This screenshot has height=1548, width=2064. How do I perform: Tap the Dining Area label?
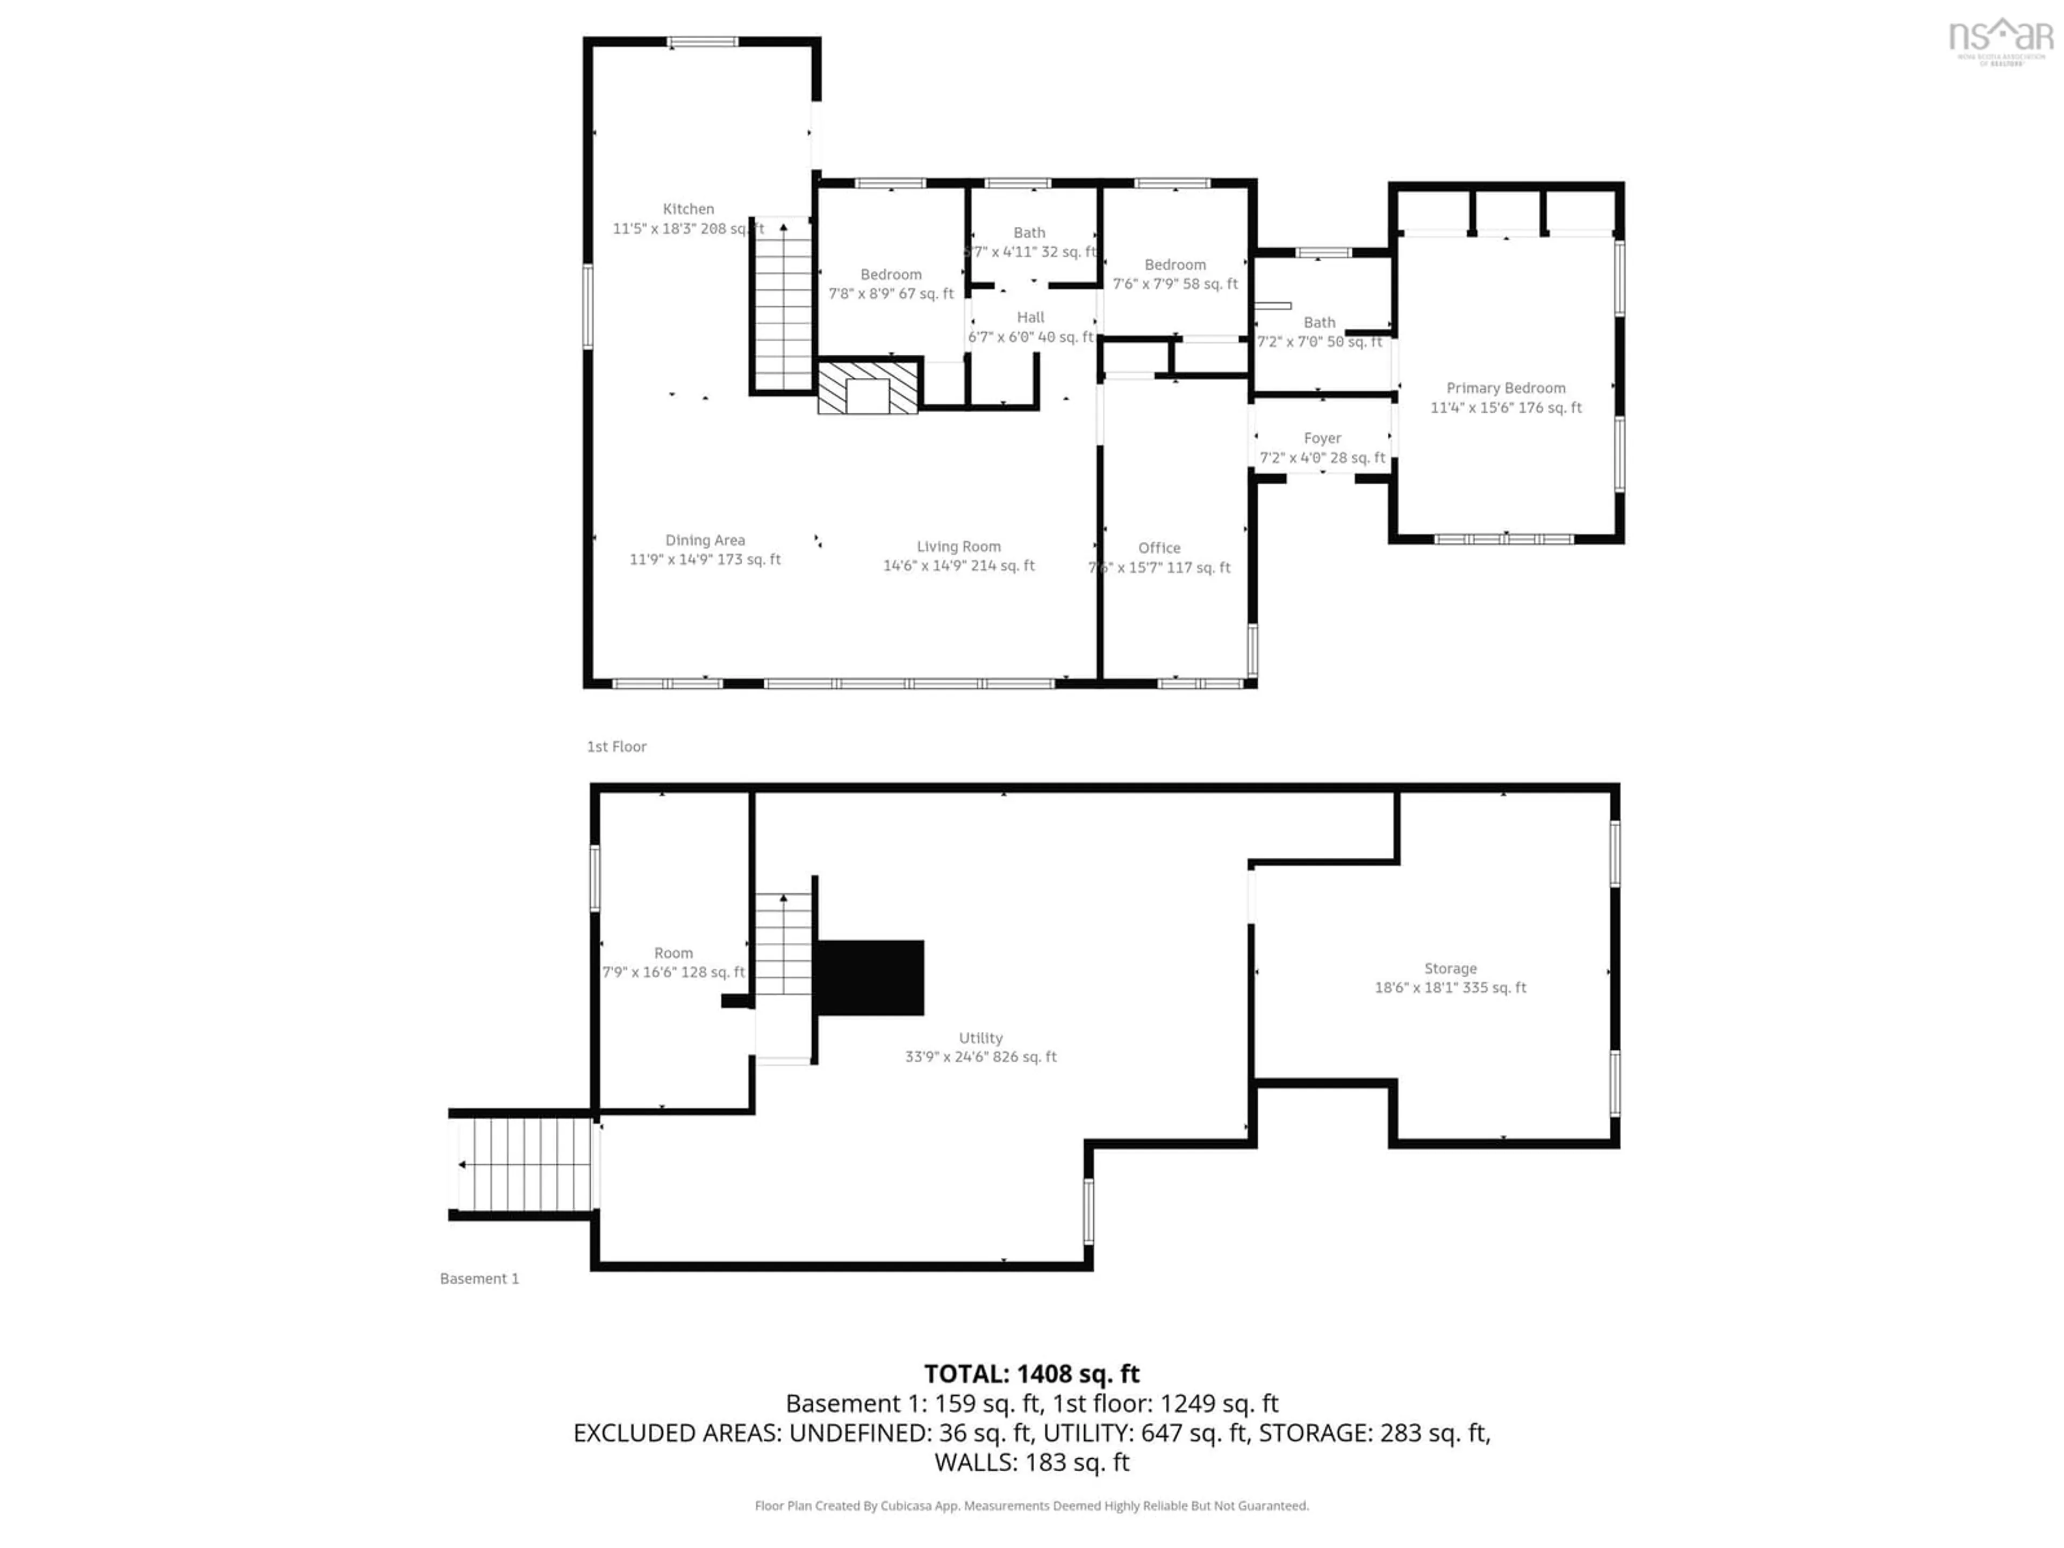click(x=705, y=540)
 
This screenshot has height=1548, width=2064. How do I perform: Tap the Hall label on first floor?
click(x=1030, y=317)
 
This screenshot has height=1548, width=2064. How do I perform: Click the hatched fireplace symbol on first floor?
click(x=867, y=387)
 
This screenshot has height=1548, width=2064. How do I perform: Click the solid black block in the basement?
click(x=870, y=977)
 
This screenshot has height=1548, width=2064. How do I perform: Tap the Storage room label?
click(x=1450, y=969)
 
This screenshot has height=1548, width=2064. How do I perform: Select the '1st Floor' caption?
click(x=616, y=747)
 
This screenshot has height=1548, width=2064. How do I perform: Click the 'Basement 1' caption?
click(x=479, y=1278)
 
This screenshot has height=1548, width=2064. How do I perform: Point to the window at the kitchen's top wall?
click(x=701, y=42)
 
